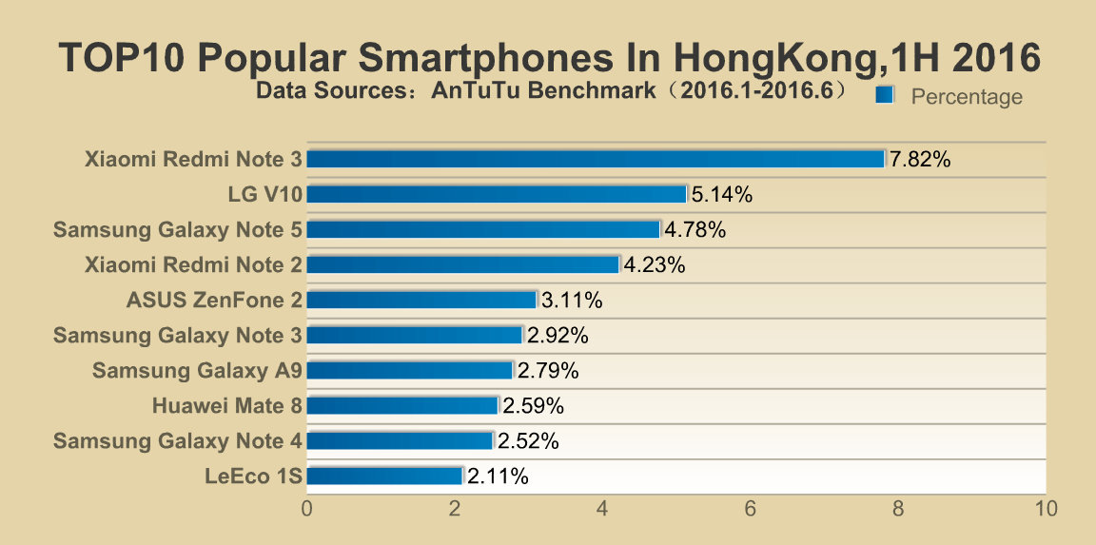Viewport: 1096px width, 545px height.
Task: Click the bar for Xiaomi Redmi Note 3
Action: tap(596, 159)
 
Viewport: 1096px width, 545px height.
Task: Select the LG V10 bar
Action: tap(497, 194)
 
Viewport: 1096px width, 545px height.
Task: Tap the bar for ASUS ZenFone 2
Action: tap(421, 300)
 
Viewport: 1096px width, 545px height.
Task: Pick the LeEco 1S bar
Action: tap(384, 476)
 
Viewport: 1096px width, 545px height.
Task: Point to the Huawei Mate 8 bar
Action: tap(401, 405)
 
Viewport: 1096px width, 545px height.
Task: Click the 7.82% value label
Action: tap(920, 159)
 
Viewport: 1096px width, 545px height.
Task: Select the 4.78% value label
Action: tap(695, 229)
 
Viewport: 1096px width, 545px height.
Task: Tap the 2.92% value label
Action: tap(558, 336)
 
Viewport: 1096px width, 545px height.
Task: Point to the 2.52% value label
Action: tap(528, 441)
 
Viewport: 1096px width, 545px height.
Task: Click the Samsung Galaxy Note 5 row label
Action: tap(178, 230)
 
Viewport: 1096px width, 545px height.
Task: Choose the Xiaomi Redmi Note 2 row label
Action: tap(194, 264)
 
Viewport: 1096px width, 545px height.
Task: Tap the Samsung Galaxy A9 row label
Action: tap(197, 370)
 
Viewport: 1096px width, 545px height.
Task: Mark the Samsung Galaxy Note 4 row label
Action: tap(178, 441)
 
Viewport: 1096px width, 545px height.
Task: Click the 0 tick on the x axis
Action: tap(307, 509)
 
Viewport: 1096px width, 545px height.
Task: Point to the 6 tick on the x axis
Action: tap(750, 509)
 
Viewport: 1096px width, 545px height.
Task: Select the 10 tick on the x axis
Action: tap(1046, 509)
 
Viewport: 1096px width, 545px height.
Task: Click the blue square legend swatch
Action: tap(885, 94)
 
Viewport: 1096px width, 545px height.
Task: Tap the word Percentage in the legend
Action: tap(967, 96)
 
